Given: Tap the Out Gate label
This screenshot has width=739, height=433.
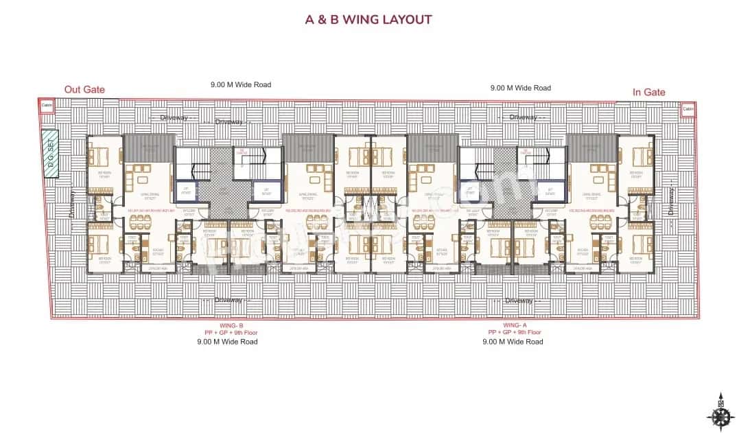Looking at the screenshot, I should point(84,89).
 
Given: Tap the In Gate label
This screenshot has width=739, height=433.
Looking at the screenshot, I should point(648,92).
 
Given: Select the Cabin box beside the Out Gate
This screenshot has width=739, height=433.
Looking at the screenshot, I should point(47,106).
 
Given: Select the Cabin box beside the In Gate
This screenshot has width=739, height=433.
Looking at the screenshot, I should point(688,108).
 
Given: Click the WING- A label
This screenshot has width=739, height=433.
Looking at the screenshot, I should point(515,325).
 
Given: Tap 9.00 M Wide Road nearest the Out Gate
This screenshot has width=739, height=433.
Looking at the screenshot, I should point(241,85).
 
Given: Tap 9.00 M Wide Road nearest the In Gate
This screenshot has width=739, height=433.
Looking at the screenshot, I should point(521,88).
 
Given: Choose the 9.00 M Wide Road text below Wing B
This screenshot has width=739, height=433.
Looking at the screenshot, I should point(227,341).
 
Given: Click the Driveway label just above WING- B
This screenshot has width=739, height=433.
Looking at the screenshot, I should point(227,300).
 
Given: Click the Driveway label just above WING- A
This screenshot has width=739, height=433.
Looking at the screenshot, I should point(519,301).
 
